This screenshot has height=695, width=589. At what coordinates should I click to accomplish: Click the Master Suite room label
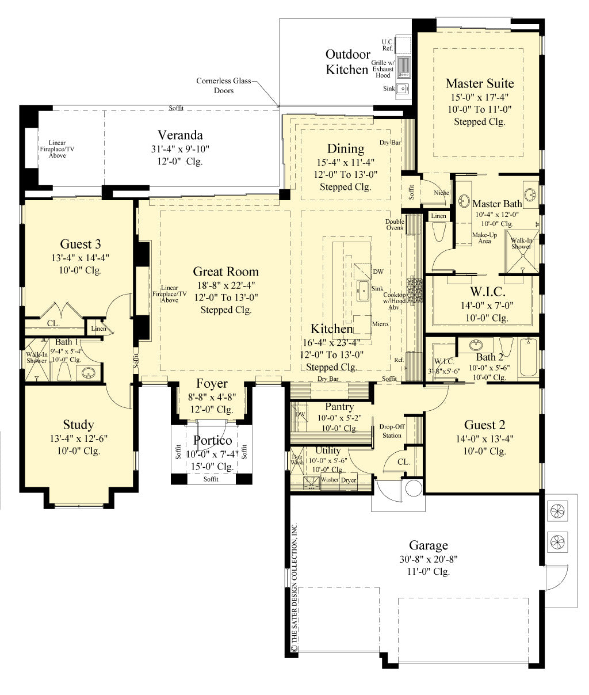pyautogui.click(x=479, y=83)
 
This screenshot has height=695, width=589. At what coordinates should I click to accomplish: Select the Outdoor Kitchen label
pyautogui.click(x=347, y=62)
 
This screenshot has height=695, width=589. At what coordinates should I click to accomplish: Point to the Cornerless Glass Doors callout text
pyautogui.click(x=224, y=86)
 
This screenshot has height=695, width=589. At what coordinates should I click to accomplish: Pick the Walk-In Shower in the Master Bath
pyautogui.click(x=522, y=251)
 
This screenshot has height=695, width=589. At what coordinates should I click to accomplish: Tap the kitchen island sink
pyautogui.click(x=363, y=290)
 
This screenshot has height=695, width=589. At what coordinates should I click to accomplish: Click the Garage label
pyautogui.click(x=429, y=545)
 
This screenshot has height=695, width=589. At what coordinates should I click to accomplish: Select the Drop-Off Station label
pyautogui.click(x=392, y=431)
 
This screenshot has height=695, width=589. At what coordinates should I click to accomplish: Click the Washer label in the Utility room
pyautogui.click(x=330, y=480)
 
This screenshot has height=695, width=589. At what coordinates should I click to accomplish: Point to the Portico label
pyautogui.click(x=212, y=441)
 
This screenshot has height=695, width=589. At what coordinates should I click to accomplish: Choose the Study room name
pyautogui.click(x=78, y=425)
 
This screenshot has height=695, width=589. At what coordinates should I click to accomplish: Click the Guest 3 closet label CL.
pyautogui.click(x=53, y=324)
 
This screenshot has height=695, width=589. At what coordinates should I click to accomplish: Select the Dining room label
pyautogui.click(x=346, y=149)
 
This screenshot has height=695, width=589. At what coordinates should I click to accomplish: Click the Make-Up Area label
pyautogui.click(x=485, y=238)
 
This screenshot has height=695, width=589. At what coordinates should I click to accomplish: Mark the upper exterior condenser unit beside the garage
pyautogui.click(x=556, y=510)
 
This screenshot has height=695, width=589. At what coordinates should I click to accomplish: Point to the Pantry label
pyautogui.click(x=339, y=407)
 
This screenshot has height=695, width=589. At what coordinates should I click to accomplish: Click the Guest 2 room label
pyautogui.click(x=484, y=425)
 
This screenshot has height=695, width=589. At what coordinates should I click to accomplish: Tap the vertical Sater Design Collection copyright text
pyautogui.click(x=294, y=587)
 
